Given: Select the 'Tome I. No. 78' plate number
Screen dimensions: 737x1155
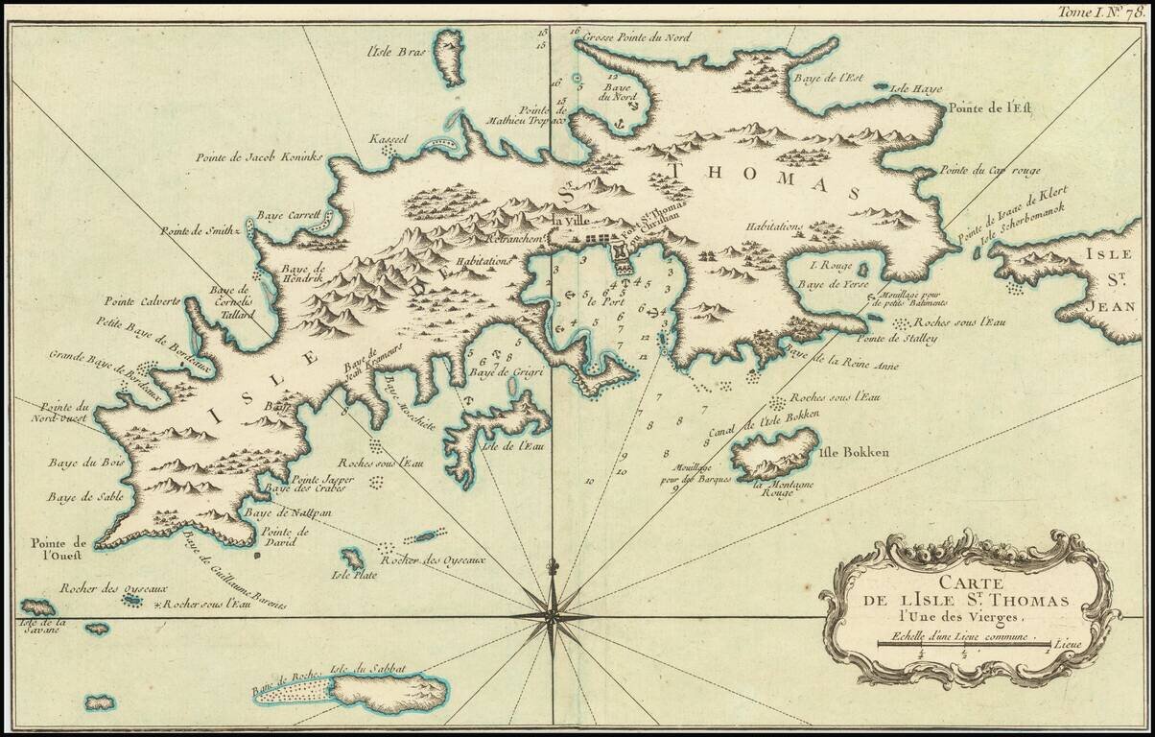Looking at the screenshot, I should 1100,12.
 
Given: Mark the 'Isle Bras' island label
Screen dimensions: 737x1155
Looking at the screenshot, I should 389,52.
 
